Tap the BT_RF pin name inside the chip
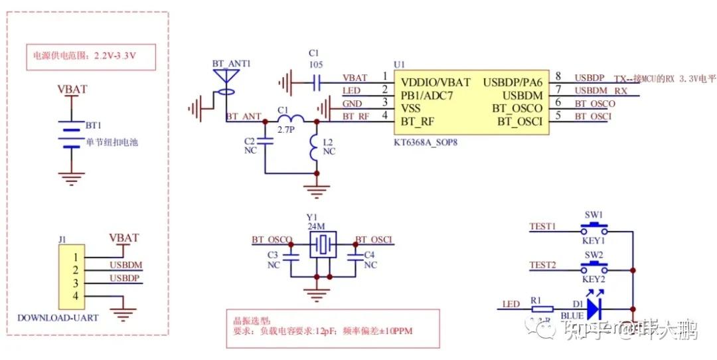(416, 122)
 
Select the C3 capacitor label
(273, 254)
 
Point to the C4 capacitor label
(370, 254)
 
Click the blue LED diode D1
(594, 308)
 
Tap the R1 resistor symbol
(542, 309)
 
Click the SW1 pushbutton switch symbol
(594, 230)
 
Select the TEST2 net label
(542, 264)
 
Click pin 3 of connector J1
(76, 282)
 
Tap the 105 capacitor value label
(317, 65)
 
